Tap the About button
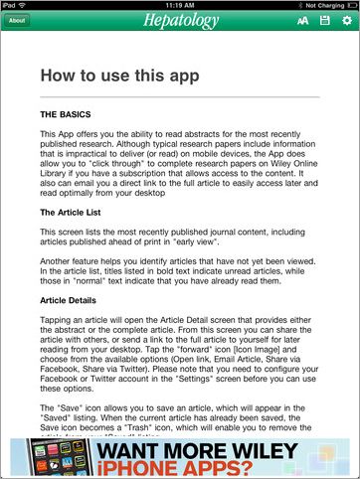[x=17, y=20]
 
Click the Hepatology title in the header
[x=179, y=20]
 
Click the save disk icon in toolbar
[x=324, y=20]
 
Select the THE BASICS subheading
[x=70, y=115]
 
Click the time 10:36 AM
[x=180, y=5]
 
